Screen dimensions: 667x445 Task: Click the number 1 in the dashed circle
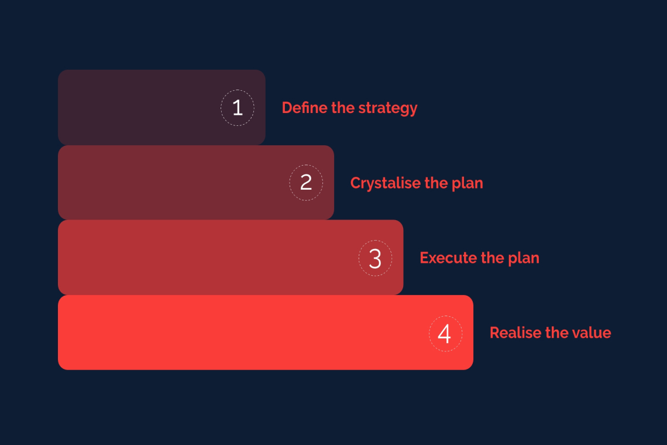pos(238,108)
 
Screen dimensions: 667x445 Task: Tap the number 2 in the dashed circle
pos(306,182)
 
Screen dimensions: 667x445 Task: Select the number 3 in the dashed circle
pos(375,258)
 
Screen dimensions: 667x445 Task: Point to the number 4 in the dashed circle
pos(444,334)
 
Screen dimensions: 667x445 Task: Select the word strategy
pos(388,109)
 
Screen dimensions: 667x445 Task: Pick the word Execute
pos(448,258)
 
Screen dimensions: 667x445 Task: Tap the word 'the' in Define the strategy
pos(343,108)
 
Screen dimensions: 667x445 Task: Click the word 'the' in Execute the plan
pos(492,258)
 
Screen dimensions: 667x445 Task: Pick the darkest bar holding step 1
pos(161,107)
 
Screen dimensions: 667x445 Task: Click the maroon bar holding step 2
pos(195,182)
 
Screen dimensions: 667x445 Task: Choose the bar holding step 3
pos(231,257)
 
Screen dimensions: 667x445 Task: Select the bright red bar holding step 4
pos(266,332)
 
